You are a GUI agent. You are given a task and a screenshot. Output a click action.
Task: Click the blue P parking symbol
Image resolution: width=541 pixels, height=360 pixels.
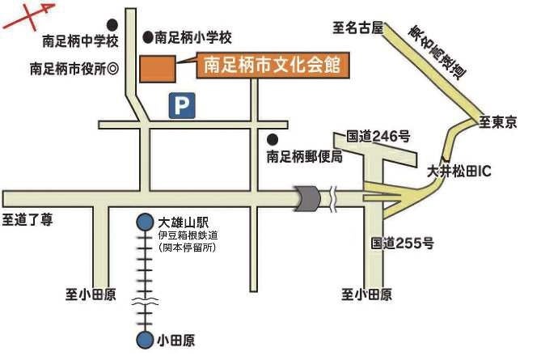pos(183,106)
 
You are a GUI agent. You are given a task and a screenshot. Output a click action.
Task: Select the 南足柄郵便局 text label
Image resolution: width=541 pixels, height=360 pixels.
pos(305,156)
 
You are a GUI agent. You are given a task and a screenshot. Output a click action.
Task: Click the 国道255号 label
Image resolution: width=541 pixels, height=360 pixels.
pos(403,242)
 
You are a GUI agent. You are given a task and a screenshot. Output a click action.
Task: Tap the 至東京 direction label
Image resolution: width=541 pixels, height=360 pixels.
pos(502,122)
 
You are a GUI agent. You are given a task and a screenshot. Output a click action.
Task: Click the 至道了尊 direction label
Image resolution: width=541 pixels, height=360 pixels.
pos(27,218)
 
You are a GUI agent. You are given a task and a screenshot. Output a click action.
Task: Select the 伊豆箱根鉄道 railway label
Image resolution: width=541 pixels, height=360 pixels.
pos(188,235)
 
